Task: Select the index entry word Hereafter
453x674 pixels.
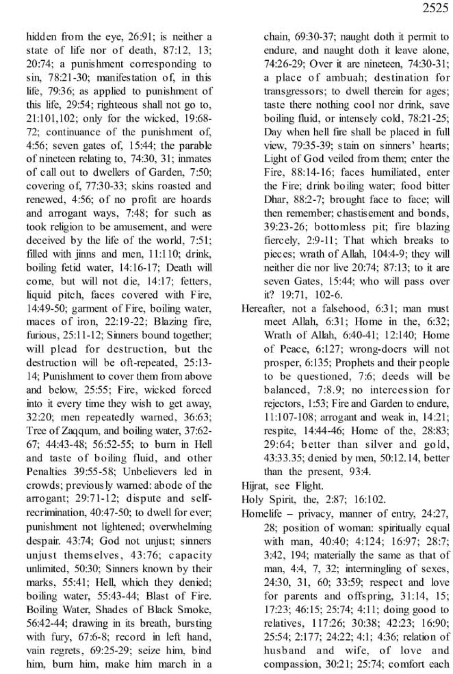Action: (260, 309)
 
